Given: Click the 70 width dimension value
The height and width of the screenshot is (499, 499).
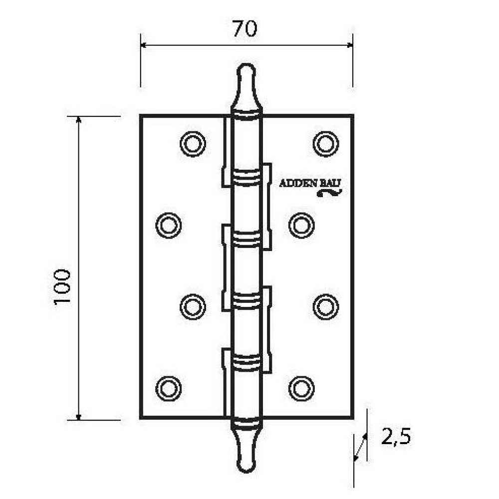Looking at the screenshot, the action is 245,28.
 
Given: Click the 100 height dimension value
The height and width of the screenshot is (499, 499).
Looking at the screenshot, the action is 62,287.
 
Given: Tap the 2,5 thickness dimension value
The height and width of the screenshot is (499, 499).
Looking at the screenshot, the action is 396,437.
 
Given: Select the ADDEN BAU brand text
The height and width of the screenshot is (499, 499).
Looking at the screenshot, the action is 310,183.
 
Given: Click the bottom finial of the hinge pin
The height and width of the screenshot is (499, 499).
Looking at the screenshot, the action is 247,448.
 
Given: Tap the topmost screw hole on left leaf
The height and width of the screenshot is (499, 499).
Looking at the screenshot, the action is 193,144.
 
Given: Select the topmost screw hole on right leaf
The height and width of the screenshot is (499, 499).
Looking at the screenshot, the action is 325,144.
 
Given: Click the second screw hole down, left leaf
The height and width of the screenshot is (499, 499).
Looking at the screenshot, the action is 168,226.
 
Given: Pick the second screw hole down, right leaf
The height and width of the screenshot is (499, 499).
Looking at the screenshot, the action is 301,226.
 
